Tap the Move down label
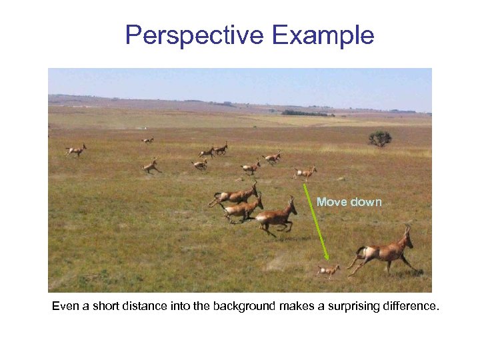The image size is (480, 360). [349, 202]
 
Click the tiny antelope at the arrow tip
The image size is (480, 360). [328, 270]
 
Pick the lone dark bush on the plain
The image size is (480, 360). [380, 138]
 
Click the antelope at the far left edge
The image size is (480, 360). [76, 151]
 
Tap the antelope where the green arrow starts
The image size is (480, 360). [305, 173]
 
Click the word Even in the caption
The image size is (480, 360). [66, 307]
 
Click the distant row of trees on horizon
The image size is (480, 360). [307, 113]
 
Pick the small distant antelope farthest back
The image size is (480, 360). [147, 140]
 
